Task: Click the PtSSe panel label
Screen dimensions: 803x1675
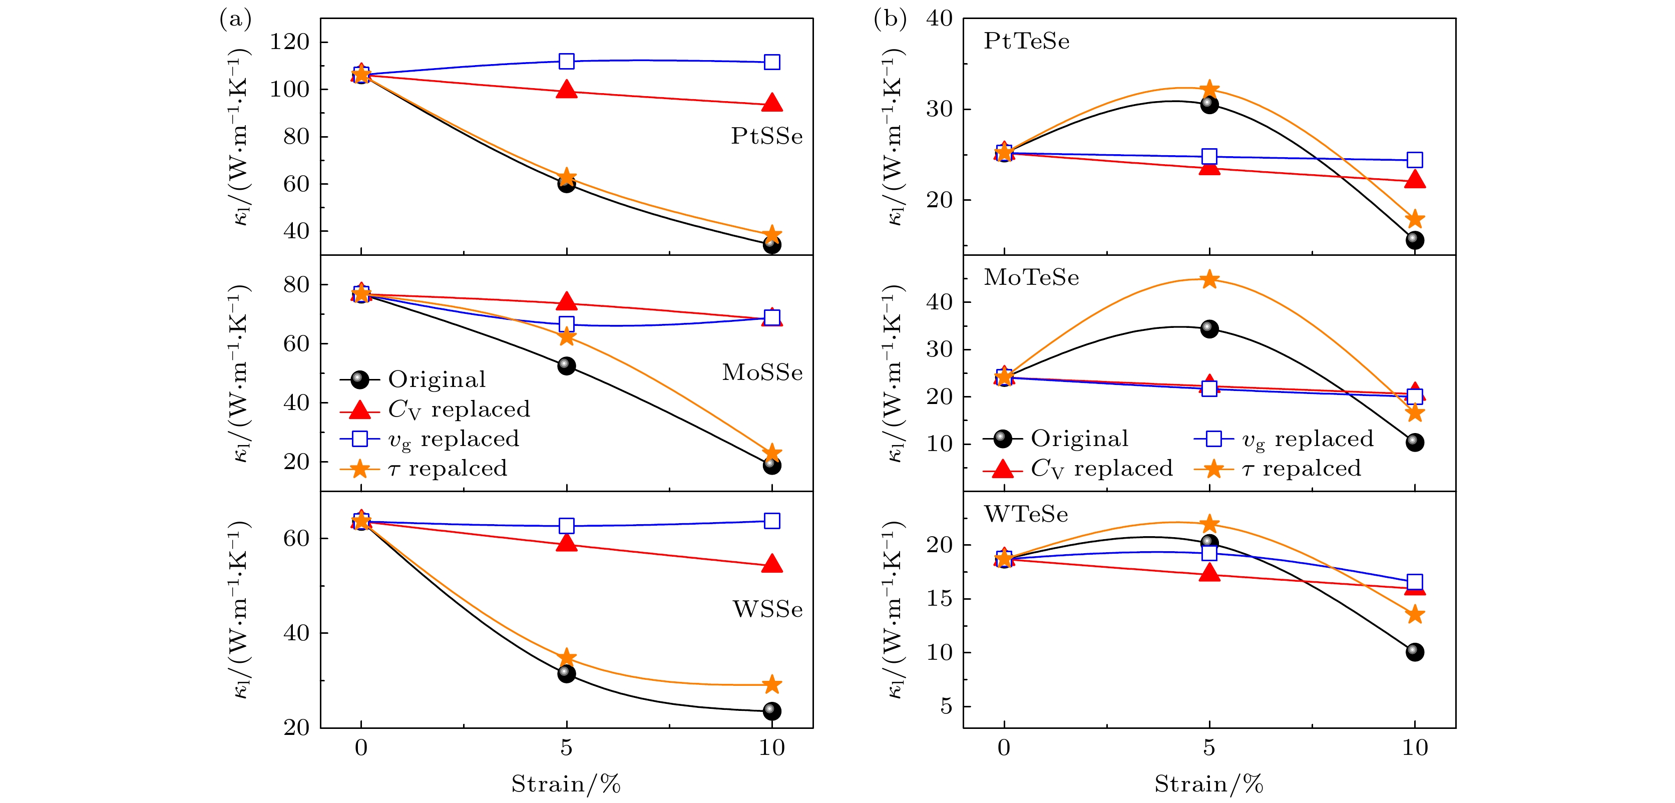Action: coord(766,137)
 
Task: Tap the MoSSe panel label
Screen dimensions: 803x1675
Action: coord(762,372)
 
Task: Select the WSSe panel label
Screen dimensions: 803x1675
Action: coord(767,609)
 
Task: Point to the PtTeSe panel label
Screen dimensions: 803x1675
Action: coord(1026,42)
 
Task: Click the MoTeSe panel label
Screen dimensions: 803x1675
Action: coord(1031,278)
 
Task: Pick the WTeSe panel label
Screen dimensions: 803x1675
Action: coord(1025,514)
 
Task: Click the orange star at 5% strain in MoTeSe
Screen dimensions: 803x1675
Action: coord(1209,279)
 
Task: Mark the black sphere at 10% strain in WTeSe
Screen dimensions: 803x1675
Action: coord(1414,651)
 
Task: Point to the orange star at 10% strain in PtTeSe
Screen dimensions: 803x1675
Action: coord(1414,219)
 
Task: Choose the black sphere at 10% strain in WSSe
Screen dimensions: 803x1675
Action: coord(772,711)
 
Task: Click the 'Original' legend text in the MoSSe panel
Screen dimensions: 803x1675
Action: coord(437,379)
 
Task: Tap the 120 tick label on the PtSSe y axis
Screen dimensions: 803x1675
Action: coord(289,42)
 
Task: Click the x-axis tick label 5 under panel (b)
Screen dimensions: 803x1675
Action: coord(1209,748)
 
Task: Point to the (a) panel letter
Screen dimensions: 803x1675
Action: coord(235,20)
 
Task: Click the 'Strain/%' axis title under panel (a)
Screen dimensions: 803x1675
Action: coord(566,784)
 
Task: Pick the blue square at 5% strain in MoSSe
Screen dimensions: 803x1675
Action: coord(566,324)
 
